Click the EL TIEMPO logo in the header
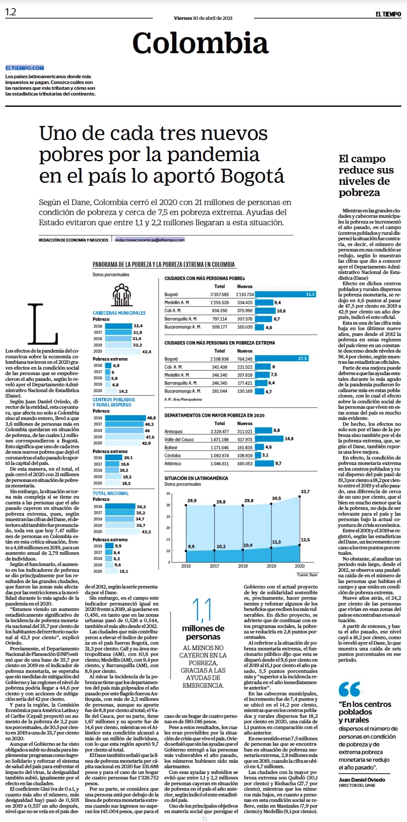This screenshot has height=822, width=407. [388, 14]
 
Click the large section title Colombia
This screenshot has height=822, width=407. [200, 43]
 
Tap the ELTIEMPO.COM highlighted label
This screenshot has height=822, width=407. [25, 68]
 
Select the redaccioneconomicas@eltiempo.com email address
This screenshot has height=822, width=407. [150, 240]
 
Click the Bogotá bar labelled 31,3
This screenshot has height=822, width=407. [285, 294]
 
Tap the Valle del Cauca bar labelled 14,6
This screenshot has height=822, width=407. [269, 439]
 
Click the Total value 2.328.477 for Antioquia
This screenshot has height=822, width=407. [219, 431]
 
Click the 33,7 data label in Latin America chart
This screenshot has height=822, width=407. [305, 491]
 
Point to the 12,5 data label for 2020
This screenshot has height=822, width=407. [305, 539]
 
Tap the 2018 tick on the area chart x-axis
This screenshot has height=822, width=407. [243, 566]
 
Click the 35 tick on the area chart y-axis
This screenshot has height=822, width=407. [168, 494]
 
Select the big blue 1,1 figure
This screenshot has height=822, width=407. [202, 610]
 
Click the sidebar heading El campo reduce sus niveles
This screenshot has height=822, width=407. [366, 175]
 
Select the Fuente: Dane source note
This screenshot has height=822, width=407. [307, 575]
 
